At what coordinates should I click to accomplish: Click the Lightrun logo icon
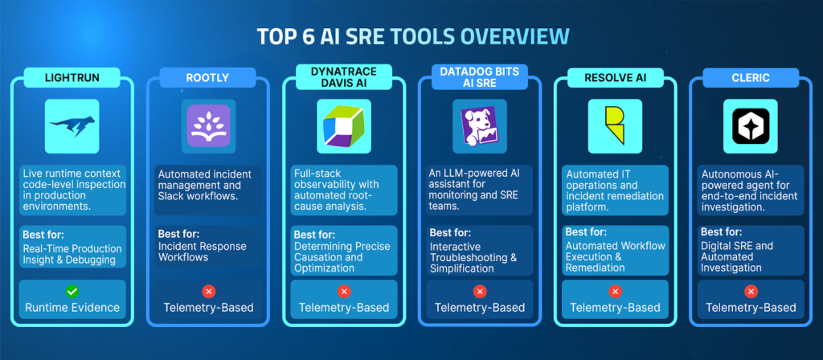point(72,125)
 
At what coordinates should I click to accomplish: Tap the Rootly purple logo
point(208,125)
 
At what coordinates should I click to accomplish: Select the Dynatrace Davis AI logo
point(343,126)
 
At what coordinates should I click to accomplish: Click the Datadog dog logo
point(480,125)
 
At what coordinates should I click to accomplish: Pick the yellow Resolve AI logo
point(615,125)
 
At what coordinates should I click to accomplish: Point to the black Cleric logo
point(751,125)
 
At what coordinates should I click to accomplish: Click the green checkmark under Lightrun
point(72,292)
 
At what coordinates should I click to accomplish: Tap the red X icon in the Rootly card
point(208,292)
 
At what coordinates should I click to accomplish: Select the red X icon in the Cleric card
point(751,292)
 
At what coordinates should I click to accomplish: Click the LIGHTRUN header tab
point(72,79)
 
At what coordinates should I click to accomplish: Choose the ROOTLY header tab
point(208,79)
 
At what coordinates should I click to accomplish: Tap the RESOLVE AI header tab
point(615,79)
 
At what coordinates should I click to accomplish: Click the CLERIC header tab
point(751,79)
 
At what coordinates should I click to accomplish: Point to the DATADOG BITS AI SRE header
point(480,79)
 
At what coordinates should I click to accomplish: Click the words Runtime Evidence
point(72,307)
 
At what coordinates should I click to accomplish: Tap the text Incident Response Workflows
point(203,252)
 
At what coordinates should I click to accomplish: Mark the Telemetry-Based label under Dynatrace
point(344,307)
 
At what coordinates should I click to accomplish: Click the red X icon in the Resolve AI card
point(615,292)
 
